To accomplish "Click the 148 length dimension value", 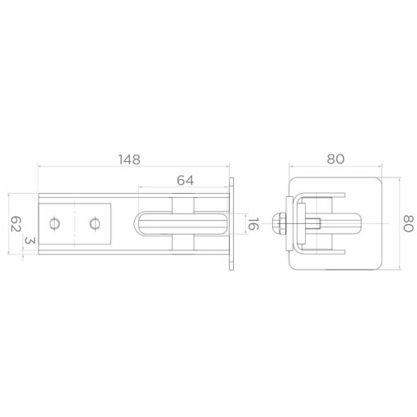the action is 129,159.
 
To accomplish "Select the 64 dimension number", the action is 186,181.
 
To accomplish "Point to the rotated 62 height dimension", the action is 16,224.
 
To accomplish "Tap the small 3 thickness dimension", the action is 30,240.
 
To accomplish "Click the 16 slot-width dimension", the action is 253,224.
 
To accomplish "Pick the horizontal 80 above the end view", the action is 335,159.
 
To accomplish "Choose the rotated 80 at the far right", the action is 408,223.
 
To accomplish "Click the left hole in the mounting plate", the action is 55,224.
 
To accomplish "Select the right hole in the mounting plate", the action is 95,224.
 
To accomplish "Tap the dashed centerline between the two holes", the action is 74,224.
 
